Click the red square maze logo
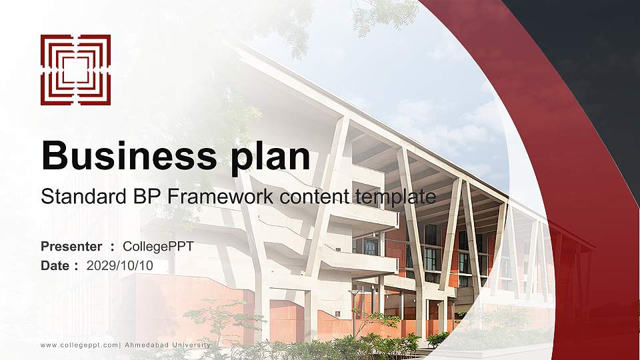click(75, 70)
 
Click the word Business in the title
click(125, 156)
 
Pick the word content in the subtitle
click(315, 197)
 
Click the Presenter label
click(71, 247)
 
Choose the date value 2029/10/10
click(120, 265)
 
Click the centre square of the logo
click(75, 70)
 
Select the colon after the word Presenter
click(113, 247)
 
